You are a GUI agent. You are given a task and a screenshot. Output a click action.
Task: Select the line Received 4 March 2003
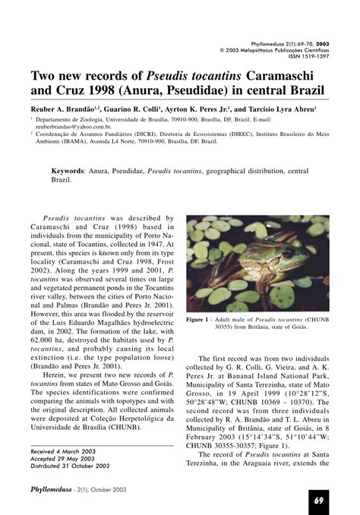pyautogui.click(x=64, y=450)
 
